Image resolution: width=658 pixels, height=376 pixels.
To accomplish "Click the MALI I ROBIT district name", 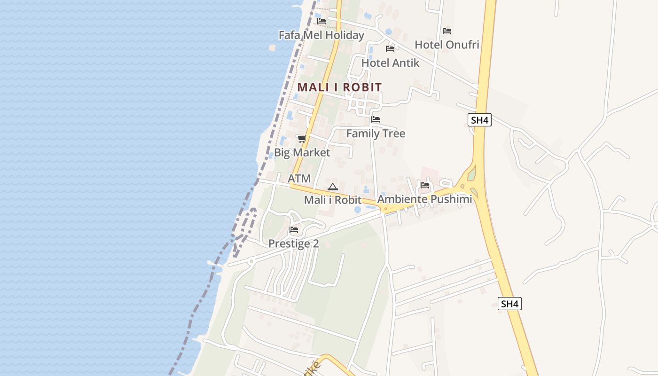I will pos(339,87).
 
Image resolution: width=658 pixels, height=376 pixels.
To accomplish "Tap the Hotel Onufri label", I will pos(446,45).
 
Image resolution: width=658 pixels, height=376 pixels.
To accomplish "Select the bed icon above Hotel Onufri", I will pos(447,31).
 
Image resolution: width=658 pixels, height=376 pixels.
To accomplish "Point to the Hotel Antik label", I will pos(390,63).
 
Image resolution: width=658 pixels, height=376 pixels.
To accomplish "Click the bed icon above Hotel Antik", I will pos(390,48).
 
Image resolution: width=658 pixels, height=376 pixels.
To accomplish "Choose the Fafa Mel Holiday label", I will pos(321,35).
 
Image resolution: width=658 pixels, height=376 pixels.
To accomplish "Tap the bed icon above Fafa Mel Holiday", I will pos(321,21).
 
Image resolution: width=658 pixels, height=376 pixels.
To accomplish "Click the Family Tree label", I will pos(376,133).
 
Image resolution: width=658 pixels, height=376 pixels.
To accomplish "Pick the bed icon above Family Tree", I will pos(376,119).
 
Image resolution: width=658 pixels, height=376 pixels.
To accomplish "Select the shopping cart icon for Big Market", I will pos(302,139).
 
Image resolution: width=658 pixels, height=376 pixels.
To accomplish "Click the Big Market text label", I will pos(302,152).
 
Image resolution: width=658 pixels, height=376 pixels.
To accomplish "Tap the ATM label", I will pos(299,179).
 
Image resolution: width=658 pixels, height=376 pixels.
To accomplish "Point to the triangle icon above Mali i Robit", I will pos(332,187).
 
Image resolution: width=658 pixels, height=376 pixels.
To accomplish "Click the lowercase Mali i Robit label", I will pos(332,200).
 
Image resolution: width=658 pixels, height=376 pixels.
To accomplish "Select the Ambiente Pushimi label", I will pos(424,199).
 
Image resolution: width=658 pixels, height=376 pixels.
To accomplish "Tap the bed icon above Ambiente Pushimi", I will pos(425,185).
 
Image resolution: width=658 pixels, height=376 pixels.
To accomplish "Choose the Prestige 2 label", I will pos(294,243).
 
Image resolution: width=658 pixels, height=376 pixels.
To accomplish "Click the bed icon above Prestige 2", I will pos(294,230).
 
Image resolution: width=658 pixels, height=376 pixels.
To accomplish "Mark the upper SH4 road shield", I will pos(480,120).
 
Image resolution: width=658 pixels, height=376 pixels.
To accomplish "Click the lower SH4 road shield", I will pos(509,304).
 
